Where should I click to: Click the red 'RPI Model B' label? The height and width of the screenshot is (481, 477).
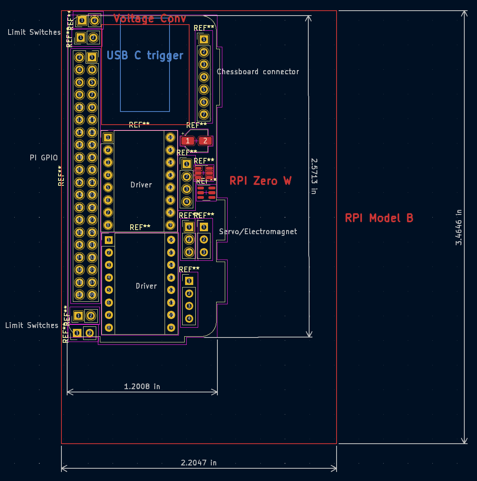click(x=379, y=218)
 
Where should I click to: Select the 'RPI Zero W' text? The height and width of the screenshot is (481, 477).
click(x=260, y=181)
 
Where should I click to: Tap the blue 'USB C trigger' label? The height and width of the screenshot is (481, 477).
click(x=145, y=55)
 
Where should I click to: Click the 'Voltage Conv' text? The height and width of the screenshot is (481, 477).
click(x=149, y=18)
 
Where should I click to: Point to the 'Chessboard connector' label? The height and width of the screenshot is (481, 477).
click(x=258, y=72)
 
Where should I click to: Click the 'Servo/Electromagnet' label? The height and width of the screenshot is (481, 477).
click(x=258, y=232)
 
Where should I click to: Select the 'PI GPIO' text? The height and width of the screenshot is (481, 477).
click(x=44, y=158)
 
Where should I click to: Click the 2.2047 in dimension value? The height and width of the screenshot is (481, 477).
click(x=199, y=463)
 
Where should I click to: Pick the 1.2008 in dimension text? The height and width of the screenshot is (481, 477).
click(x=142, y=386)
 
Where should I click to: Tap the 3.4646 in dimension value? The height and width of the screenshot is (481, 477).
click(x=459, y=227)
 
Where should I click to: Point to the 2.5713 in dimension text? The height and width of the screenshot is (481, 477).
click(x=314, y=176)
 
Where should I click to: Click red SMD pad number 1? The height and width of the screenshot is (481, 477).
click(x=188, y=141)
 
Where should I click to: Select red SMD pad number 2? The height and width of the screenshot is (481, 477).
click(x=205, y=141)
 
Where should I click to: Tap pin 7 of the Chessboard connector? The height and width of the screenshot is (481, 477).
click(x=203, y=114)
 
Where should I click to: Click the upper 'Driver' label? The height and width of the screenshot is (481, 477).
click(x=141, y=185)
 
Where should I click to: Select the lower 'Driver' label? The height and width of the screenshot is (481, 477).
click(x=146, y=286)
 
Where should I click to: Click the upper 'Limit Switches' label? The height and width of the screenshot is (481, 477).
click(x=34, y=32)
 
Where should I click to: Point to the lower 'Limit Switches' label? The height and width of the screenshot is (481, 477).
click(x=32, y=326)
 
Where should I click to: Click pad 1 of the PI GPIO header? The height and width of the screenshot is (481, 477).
click(x=92, y=57)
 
